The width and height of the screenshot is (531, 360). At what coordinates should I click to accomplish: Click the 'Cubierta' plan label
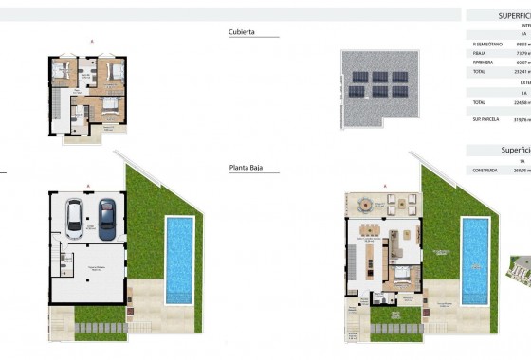pos(241,31)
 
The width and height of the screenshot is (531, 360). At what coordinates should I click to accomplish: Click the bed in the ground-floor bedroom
pos(402,301)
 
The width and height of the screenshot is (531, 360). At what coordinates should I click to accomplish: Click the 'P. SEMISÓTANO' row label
pos(485,44)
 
